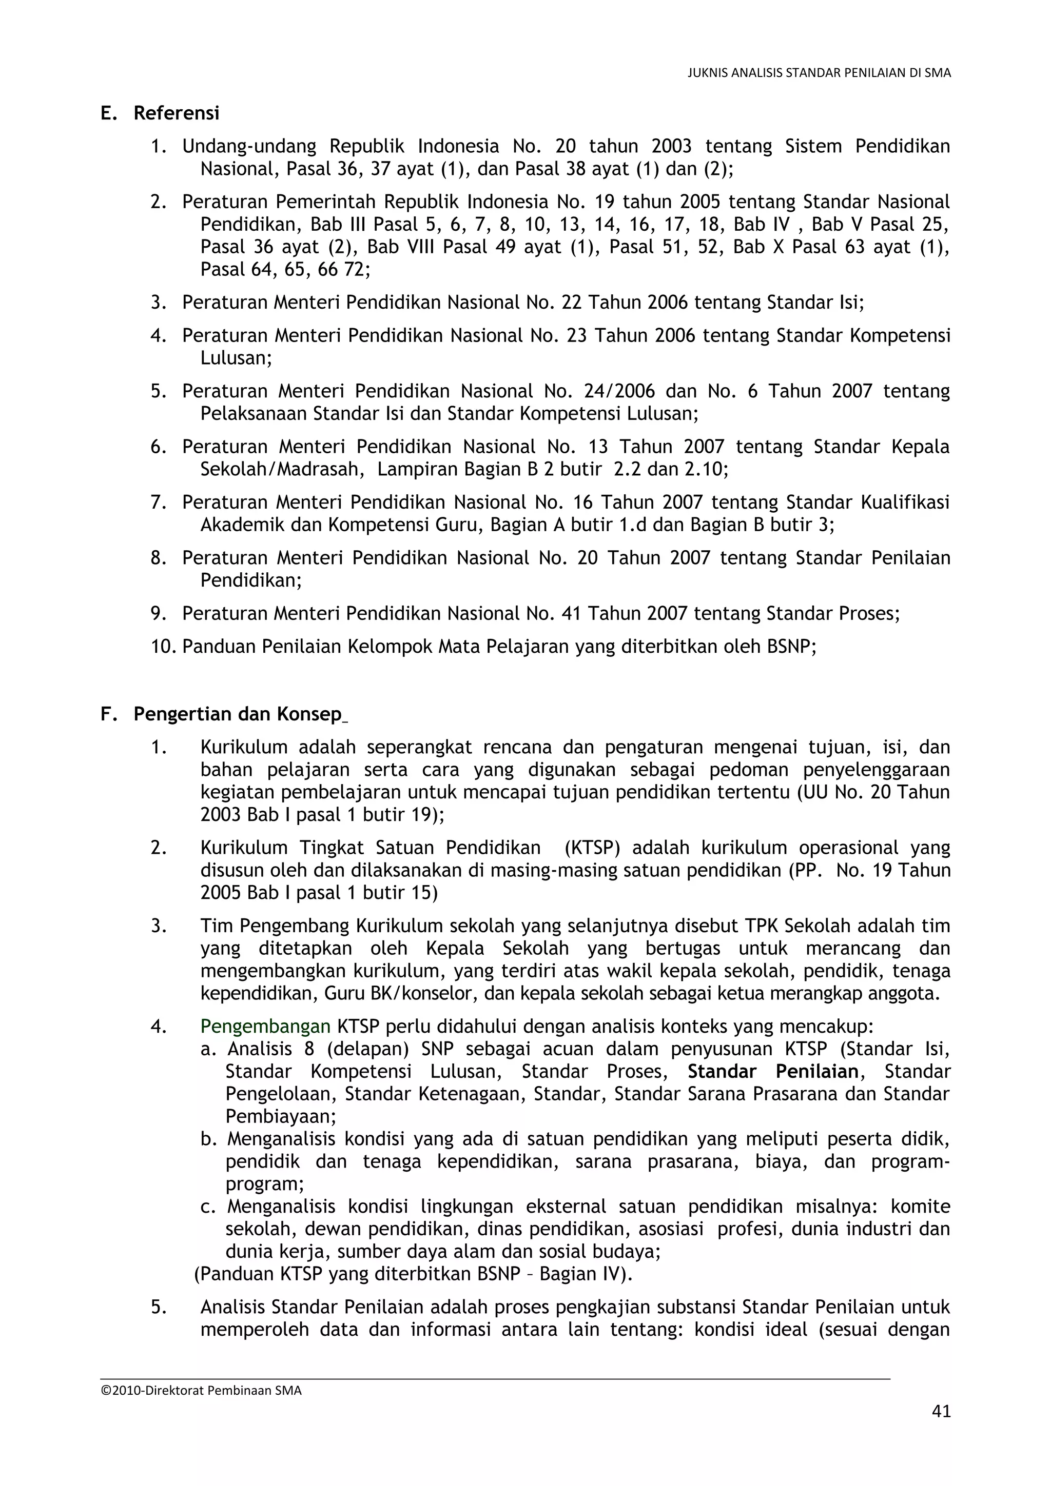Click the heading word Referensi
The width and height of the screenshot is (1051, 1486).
point(176,113)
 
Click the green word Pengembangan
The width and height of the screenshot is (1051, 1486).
point(265,1027)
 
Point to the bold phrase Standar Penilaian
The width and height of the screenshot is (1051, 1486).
point(772,1072)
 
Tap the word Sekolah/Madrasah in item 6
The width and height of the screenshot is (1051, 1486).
point(279,469)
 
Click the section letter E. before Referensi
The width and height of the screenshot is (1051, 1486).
point(108,113)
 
